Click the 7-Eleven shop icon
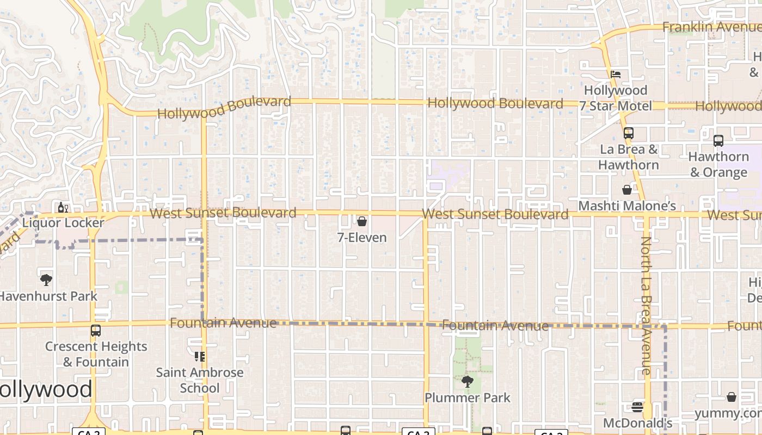point(361,221)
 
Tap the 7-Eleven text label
point(362,238)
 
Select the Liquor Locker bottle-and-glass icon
point(63,207)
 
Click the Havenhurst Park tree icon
point(46,280)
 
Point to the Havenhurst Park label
point(48,296)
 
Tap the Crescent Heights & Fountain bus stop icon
point(96,330)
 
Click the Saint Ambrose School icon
point(200,357)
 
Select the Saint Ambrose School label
point(200,380)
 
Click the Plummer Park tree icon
point(467,382)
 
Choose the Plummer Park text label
point(468,397)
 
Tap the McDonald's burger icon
point(637,407)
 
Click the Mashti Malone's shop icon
point(627,190)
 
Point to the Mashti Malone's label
point(627,206)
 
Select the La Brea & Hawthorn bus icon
point(629,133)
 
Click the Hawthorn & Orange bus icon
point(718,140)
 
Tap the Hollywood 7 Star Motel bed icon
point(616,74)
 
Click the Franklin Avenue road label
point(710,27)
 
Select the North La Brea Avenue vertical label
point(646,306)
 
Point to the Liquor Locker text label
point(63,223)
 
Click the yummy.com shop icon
point(732,397)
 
